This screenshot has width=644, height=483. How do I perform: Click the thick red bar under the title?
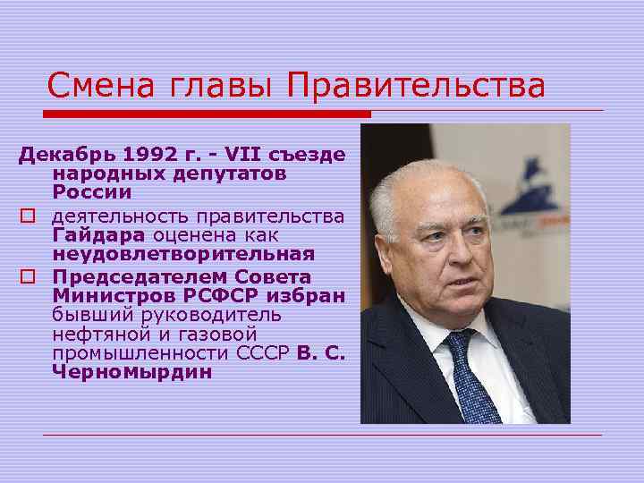tap(207, 114)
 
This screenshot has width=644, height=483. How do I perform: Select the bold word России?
tap(91, 191)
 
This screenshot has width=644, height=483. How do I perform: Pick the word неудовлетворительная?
tap(183, 254)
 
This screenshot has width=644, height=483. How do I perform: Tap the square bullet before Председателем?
tap(30, 276)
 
